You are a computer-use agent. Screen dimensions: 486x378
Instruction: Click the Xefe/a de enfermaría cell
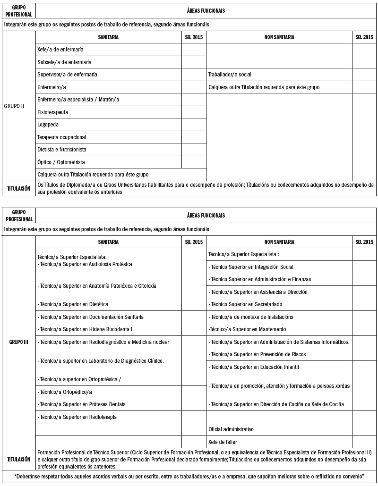(x=60, y=50)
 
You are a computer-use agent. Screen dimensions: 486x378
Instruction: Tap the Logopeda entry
(x=48, y=125)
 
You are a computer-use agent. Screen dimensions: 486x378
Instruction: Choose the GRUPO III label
(x=18, y=342)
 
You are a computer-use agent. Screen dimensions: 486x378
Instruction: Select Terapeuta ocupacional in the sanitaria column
(x=61, y=137)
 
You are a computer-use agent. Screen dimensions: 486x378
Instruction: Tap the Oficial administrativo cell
(x=231, y=429)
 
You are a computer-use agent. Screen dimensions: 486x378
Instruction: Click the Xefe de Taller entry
(x=223, y=442)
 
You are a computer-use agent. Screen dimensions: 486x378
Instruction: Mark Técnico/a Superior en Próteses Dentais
(x=82, y=404)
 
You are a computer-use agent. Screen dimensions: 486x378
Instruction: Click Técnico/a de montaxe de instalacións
(x=251, y=317)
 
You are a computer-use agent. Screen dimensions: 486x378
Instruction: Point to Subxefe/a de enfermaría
(x=64, y=62)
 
